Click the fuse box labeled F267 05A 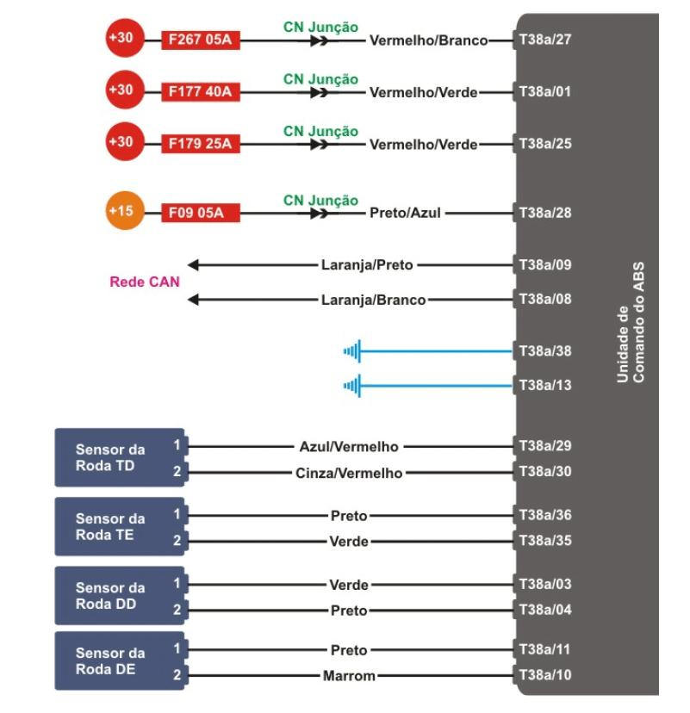(201, 40)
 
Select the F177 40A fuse (201, 91)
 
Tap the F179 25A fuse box (201, 143)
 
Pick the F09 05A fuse (201, 212)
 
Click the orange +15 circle (121, 212)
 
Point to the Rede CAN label (145, 282)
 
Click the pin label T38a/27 (545, 40)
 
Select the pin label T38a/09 (545, 264)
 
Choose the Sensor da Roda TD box (119, 457)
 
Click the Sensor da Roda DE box (119, 660)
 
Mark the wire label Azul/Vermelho (348, 446)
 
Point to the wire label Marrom (349, 676)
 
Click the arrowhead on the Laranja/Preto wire (193, 264)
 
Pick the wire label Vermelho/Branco (428, 40)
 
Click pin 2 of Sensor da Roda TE (177, 541)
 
